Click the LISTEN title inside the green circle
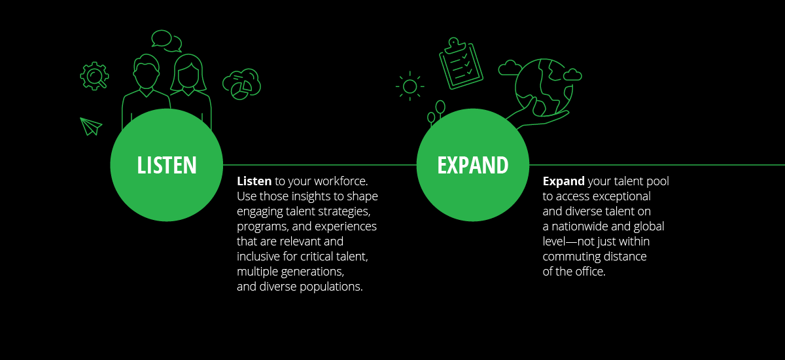(x=166, y=165)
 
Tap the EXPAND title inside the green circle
(x=473, y=165)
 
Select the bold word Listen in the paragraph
(x=254, y=181)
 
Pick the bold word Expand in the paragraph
(x=563, y=181)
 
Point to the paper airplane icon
(x=91, y=126)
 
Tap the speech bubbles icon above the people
(x=166, y=41)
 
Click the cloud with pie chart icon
(x=242, y=84)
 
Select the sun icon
(x=410, y=86)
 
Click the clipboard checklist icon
(x=461, y=63)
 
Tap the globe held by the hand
(x=544, y=88)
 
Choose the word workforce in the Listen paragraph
(x=340, y=181)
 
